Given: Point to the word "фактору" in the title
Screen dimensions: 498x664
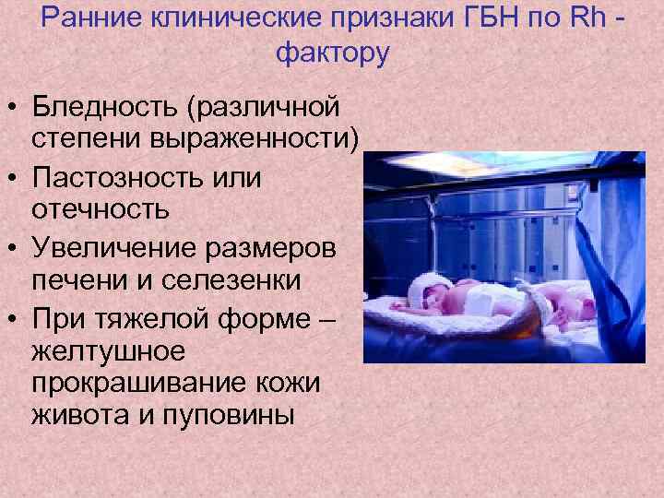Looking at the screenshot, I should (332, 53).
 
